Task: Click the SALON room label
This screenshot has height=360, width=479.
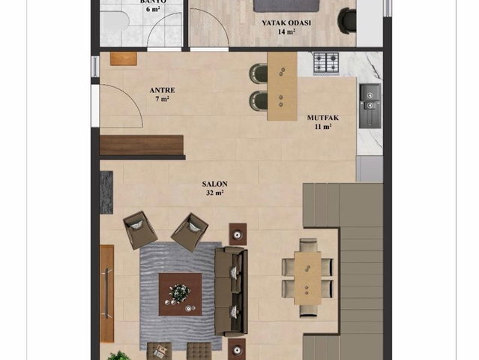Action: tap(214, 184)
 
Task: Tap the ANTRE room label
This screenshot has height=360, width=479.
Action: tap(162, 90)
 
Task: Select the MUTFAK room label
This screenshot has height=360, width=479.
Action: tap(323, 118)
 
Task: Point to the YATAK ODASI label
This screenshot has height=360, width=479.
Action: tap(286, 23)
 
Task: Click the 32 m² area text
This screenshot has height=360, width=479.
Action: tap(214, 193)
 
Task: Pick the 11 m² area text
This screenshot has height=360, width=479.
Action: tap(323, 126)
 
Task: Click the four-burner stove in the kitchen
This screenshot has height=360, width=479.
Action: tap(326, 63)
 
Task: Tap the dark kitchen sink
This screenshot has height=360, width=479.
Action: tap(370, 106)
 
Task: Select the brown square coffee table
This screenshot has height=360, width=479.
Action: tap(180, 294)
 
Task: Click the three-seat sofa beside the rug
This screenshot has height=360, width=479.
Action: tap(231, 291)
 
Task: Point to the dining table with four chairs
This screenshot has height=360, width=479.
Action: tap(307, 277)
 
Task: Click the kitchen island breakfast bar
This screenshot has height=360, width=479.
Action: tap(283, 86)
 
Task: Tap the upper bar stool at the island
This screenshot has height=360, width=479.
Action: tap(259, 73)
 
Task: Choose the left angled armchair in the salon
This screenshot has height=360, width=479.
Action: tap(140, 229)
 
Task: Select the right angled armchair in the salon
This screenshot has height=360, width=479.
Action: tap(190, 232)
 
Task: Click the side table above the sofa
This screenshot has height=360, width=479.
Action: tap(238, 234)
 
